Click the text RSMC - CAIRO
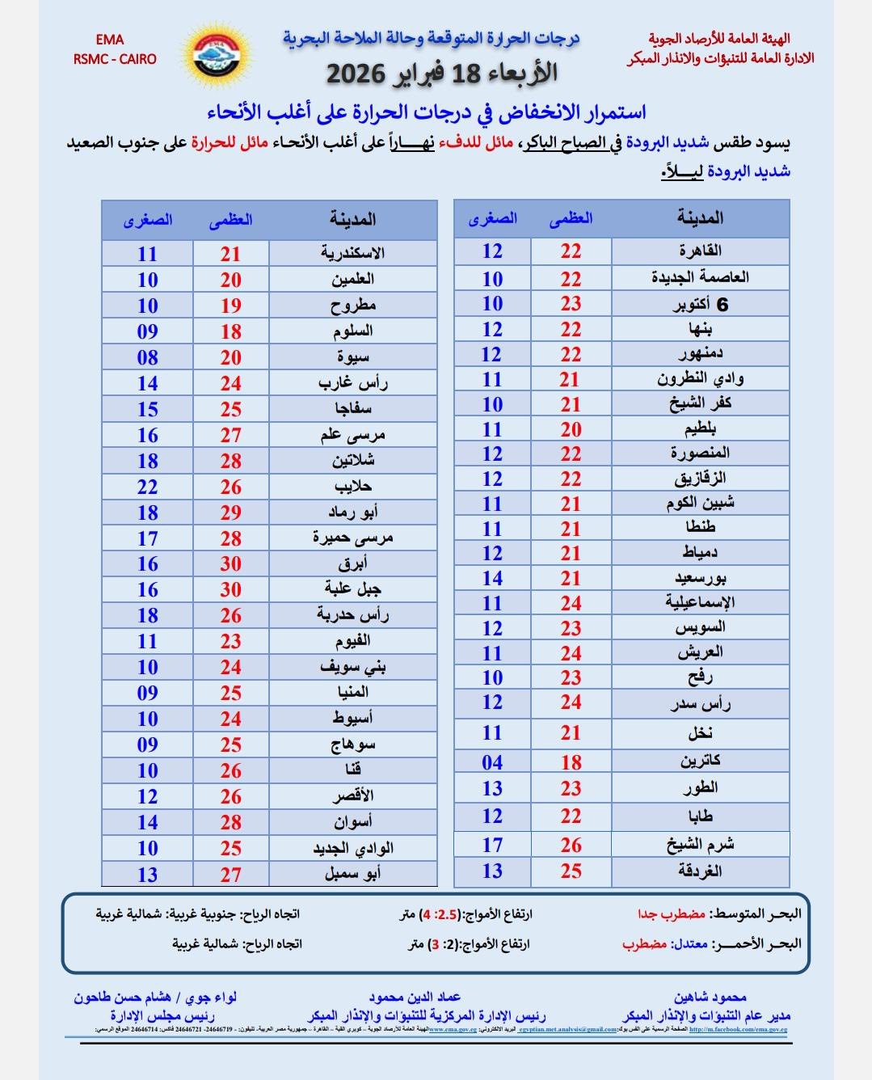[x=115, y=59]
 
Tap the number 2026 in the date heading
[x=360, y=74]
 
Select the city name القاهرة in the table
[x=700, y=251]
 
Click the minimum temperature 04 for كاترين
[x=492, y=762]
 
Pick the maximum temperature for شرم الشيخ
[x=571, y=845]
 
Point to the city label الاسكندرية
[x=352, y=253]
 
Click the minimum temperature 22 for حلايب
[x=147, y=487]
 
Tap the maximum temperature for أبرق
[x=231, y=564]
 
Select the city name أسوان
[x=352, y=822]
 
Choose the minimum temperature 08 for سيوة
[x=147, y=357]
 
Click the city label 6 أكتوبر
[x=700, y=304]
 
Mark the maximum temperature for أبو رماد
[x=231, y=513]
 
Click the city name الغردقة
[x=700, y=871]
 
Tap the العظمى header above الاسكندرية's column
[x=231, y=220]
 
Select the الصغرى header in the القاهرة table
[x=492, y=218]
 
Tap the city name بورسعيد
[x=700, y=578]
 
